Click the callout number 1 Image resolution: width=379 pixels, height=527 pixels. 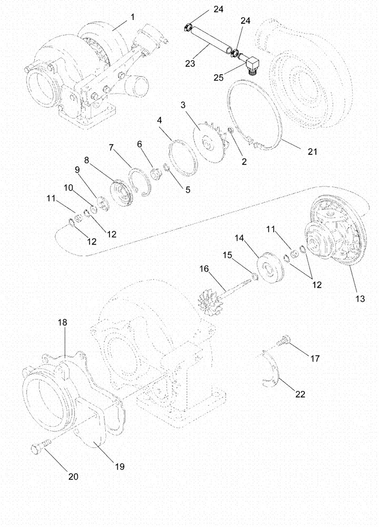[x=133, y=17]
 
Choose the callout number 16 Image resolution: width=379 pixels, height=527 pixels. [x=204, y=269]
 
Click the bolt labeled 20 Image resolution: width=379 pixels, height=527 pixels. [x=41, y=450]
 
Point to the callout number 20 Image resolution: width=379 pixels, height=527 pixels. [x=73, y=476]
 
